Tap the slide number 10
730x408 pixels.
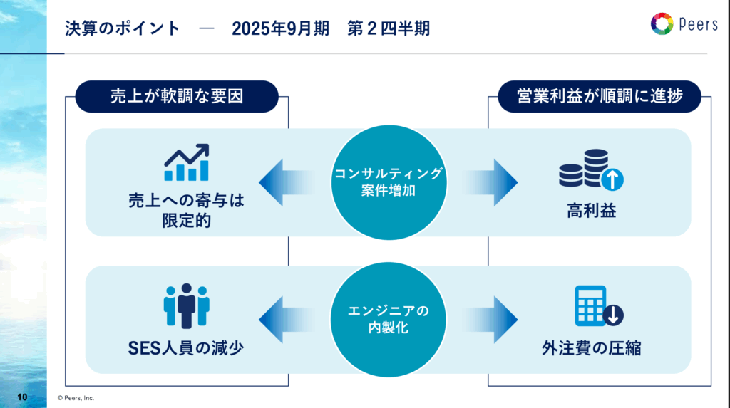pos(22,397)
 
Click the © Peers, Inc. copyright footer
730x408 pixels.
pos(76,398)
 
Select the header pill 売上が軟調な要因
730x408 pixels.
pos(177,96)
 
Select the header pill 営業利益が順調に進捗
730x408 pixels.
pos(600,96)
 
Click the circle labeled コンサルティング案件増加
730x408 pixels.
pos(389,182)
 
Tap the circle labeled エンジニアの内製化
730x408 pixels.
pos(389,320)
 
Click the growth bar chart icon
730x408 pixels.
pos(186,162)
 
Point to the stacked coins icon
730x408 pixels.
pos(591,169)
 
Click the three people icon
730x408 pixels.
pos(186,305)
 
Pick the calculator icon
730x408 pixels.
pos(599,305)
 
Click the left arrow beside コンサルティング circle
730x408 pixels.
pos(285,182)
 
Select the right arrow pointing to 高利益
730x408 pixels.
pos(492,182)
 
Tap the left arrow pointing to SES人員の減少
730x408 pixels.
pos(285,320)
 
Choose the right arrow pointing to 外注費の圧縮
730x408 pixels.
pos(492,320)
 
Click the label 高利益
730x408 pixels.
pos(591,211)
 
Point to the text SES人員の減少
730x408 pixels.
pos(186,348)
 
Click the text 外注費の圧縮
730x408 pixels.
pos(591,348)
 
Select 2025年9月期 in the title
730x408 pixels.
pos(280,28)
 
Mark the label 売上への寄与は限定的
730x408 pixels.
pos(186,210)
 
